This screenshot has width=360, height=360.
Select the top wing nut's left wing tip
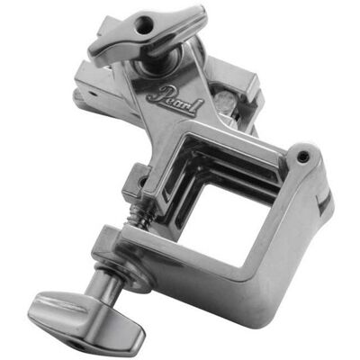click(x=93, y=53)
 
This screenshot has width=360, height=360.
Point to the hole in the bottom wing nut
click(x=78, y=344)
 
